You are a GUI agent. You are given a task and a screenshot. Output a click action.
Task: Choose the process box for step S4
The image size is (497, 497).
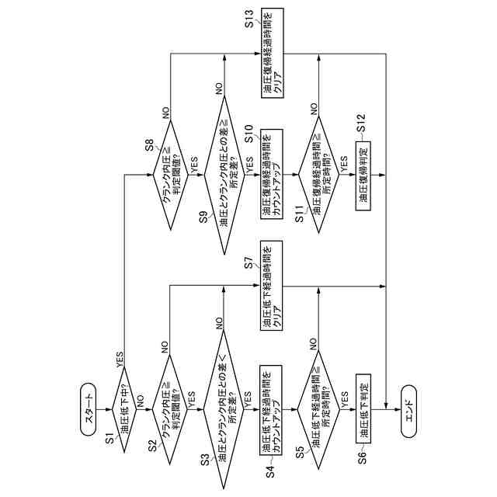point(271,407)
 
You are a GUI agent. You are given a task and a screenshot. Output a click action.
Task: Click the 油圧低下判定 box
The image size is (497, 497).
point(363,407)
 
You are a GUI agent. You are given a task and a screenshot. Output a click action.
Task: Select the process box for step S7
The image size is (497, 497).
point(271,287)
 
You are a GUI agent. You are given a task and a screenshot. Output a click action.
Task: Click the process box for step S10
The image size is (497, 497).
point(271,174)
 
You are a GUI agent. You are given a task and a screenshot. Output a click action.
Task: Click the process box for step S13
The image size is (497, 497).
point(271,53)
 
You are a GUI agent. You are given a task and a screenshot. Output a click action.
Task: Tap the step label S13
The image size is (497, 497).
point(250,18)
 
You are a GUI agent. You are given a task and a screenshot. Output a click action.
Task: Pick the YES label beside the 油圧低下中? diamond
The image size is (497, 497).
point(119,359)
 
